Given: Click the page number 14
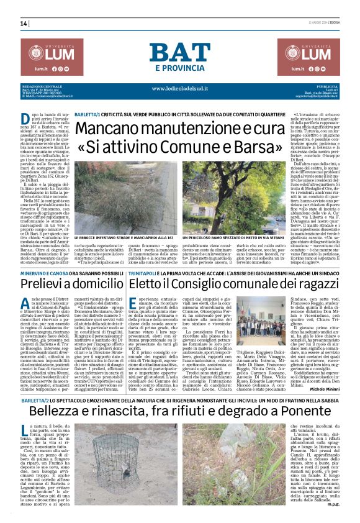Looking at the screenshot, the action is click(24, 24).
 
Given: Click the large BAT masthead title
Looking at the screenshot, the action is click(179, 53).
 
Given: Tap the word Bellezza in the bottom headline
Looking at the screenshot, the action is click(59, 380).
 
